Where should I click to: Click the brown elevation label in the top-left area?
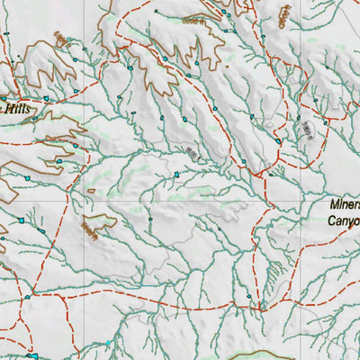pyautogui.click(x=60, y=40)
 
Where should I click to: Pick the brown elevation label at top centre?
pyautogui.click(x=193, y=19)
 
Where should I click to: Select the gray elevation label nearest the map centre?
pyautogui.click(x=192, y=154)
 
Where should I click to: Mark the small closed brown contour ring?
pyautogui.click(x=91, y=191)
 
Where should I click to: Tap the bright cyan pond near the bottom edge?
pyautogui.click(x=109, y=343)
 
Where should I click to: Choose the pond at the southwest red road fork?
pyautogui.click(x=27, y=296)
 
